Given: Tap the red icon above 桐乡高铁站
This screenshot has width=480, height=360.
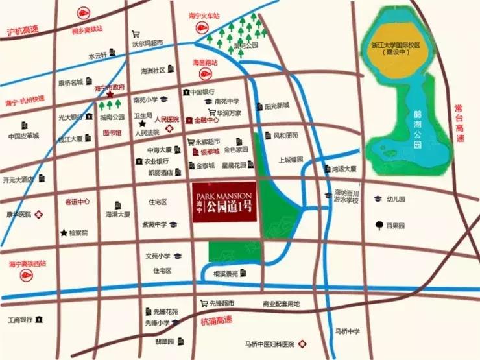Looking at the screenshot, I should coord(84,12).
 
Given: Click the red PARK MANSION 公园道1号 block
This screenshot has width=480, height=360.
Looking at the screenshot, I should coord(225,202).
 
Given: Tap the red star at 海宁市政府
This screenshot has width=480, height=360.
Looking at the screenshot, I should coord(110,95).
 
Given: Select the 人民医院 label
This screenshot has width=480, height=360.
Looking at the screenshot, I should coord(166,120).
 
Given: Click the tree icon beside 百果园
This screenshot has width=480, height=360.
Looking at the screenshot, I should coord(377,225).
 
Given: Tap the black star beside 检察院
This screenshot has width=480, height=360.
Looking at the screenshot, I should coord(64,232).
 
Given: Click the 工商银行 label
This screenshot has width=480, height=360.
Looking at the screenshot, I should coord(19,320).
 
